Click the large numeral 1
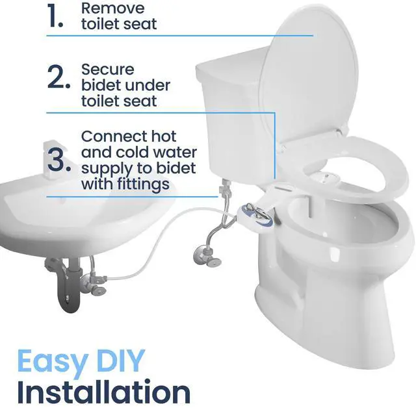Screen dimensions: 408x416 point(55,17)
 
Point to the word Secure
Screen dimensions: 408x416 point(107,69)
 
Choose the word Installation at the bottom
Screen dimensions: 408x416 point(103,392)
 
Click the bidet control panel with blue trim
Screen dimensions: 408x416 point(254,212)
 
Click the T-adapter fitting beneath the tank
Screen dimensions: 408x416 point(224,190)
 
